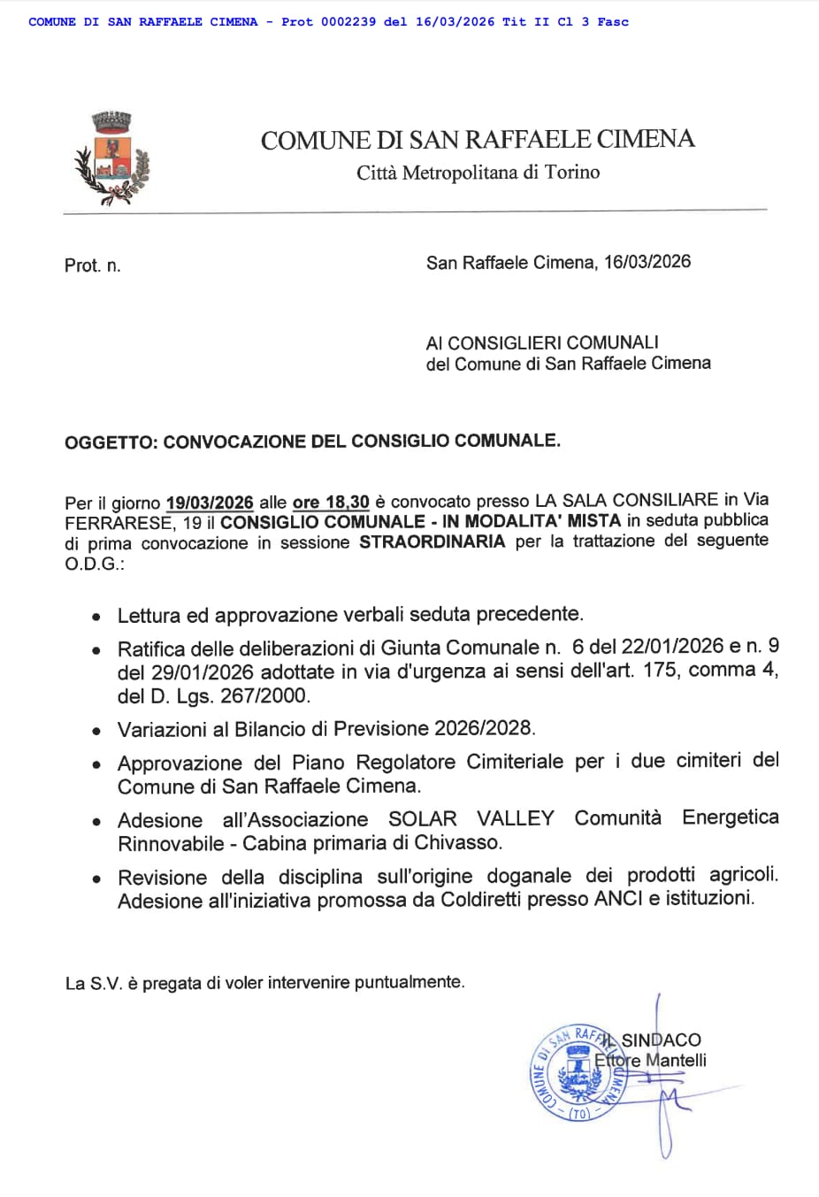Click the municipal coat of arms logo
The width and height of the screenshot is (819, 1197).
click(x=111, y=159)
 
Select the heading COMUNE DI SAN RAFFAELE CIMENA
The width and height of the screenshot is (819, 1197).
click(x=478, y=140)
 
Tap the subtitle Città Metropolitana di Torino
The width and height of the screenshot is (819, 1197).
click(x=478, y=172)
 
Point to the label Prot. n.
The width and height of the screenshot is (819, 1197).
click(x=92, y=265)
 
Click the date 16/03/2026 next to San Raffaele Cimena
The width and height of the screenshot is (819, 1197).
click(x=647, y=262)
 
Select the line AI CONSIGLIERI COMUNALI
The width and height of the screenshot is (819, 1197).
click(x=542, y=342)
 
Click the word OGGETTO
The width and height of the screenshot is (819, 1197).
click(x=111, y=441)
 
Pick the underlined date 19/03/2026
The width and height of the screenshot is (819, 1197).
click(x=210, y=503)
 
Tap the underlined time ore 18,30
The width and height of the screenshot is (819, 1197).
click(x=331, y=502)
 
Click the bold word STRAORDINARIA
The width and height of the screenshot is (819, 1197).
click(x=432, y=541)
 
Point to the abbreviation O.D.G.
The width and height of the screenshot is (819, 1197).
click(x=93, y=564)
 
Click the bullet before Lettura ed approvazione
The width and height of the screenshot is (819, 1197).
click(x=96, y=617)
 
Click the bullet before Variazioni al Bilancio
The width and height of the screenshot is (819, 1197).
click(x=96, y=732)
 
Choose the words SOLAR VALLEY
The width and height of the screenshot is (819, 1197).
click(x=471, y=819)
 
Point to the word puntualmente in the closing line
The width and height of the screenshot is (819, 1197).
click(x=409, y=982)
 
